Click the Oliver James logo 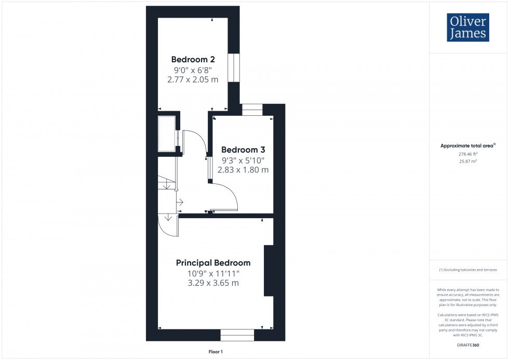(467, 28)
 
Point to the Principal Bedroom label (213, 263)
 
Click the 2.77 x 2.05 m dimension (193, 80)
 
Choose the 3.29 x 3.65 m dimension (213, 283)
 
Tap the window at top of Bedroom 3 (252, 109)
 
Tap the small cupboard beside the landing (167, 134)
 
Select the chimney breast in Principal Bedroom (269, 270)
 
